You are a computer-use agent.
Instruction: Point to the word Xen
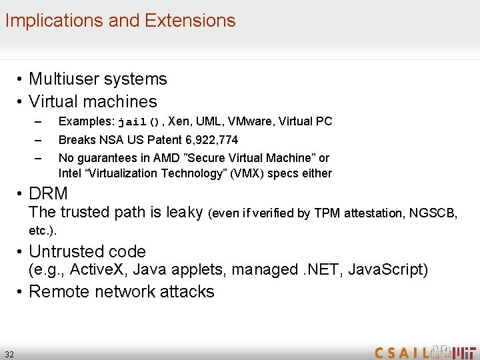(x=179, y=121)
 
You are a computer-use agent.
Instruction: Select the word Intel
(x=69, y=173)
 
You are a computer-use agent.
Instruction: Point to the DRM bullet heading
(x=49, y=193)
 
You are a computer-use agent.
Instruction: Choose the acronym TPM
(x=325, y=213)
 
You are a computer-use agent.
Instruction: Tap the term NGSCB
(x=435, y=213)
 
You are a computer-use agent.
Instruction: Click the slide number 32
(x=9, y=353)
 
